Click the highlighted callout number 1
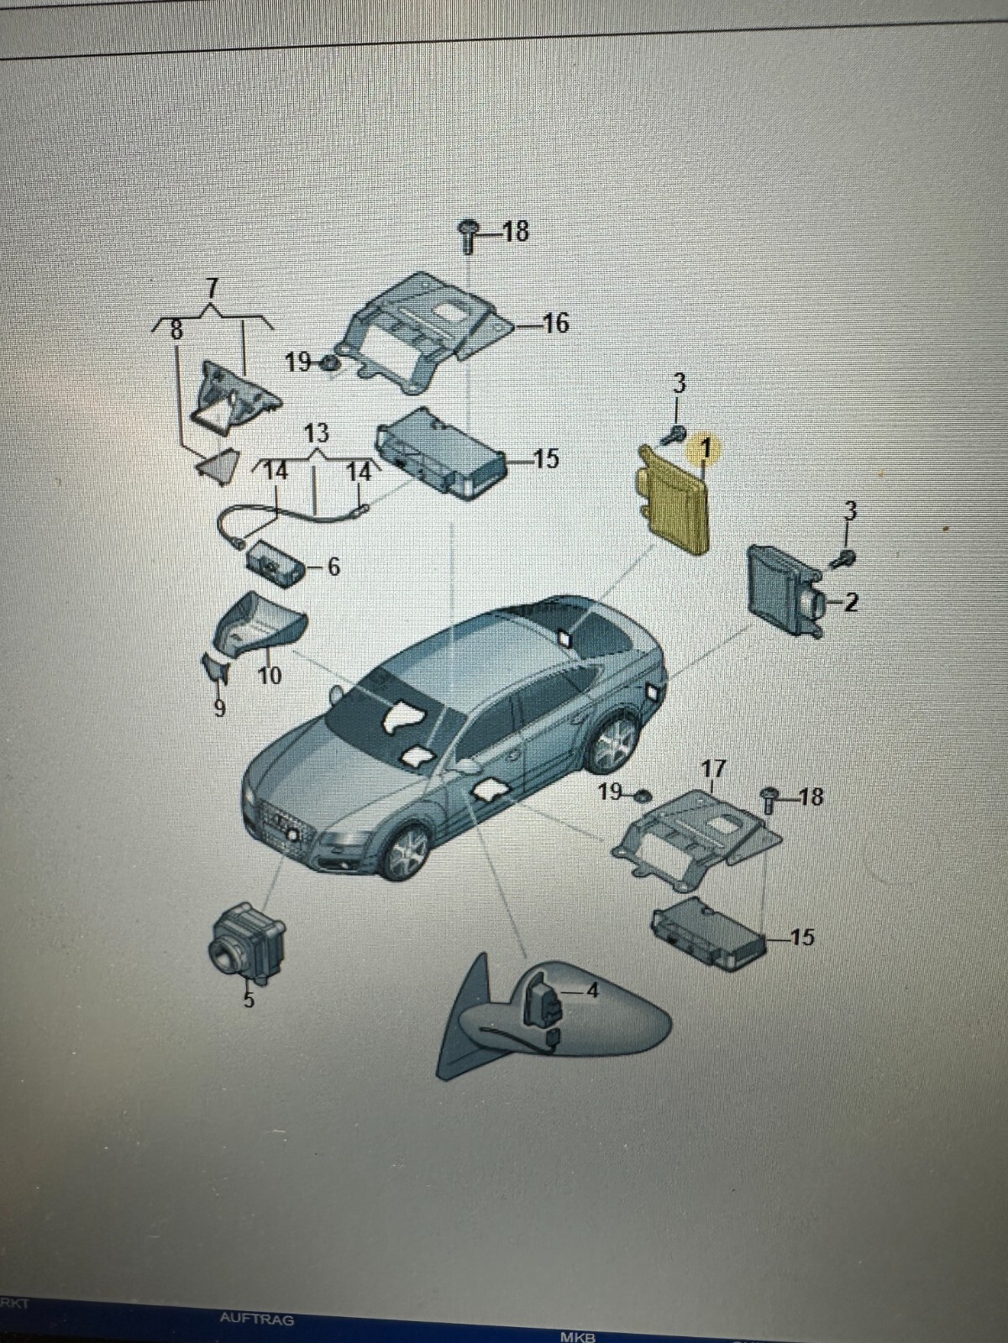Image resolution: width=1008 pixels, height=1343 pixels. pos(706,449)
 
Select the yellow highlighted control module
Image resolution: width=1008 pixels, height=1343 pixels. pos(672,504)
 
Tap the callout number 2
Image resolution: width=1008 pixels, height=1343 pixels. pos(850,602)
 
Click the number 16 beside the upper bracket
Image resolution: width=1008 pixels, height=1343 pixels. pos(556,323)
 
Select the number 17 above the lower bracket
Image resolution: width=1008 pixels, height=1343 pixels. pos(713,769)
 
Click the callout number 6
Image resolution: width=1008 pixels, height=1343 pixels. pos(333,567)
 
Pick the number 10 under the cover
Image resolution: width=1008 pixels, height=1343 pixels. pos(269,675)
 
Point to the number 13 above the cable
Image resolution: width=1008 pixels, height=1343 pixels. pos(316,434)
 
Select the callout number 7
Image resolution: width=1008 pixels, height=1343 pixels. pos(212,287)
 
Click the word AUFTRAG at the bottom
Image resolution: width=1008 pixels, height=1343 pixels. pos(256,1319)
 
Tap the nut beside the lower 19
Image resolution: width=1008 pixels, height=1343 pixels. pos(642,795)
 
